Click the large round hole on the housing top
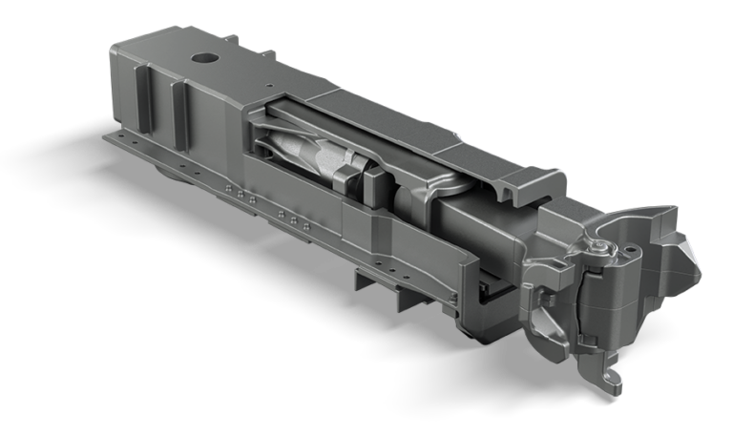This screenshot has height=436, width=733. pos(203,58)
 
